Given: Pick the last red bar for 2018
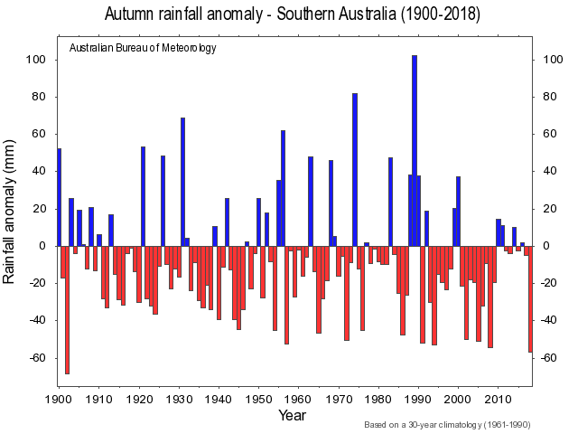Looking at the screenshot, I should click(x=530, y=298).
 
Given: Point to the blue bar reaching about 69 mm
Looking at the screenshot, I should click(x=182, y=181).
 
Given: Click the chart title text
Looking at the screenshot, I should click(x=292, y=14).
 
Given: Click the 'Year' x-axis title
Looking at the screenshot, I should click(x=292, y=416).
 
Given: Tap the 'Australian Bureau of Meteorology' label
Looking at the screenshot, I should click(x=143, y=48).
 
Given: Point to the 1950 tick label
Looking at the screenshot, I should click(x=258, y=398).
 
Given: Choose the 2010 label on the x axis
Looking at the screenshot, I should click(x=498, y=398).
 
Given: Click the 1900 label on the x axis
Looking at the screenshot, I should click(x=59, y=398).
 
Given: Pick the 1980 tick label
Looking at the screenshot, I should click(x=378, y=398).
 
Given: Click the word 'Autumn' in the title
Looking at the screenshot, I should click(x=134, y=14).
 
